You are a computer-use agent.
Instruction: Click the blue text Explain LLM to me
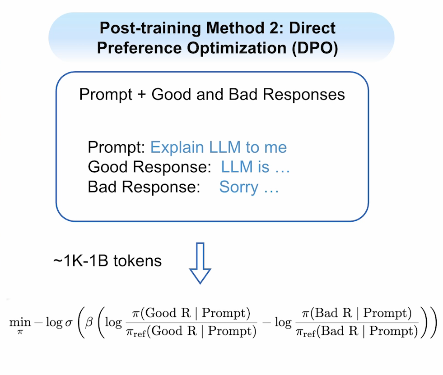pyautogui.click(x=219, y=147)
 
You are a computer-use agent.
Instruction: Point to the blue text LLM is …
pyautogui.click(x=255, y=167)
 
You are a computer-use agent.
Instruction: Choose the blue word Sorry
pyautogui.click(x=239, y=187)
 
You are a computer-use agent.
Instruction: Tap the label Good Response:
pyautogui.click(x=149, y=167)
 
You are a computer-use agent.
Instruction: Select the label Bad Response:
pyautogui.click(x=144, y=187)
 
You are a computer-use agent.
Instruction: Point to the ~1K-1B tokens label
pyautogui.click(x=107, y=261)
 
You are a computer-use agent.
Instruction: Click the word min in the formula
pyautogui.click(x=20, y=322)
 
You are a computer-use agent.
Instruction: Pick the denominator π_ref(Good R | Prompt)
pyautogui.click(x=192, y=332)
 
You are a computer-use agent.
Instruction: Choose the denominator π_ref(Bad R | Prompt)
pyautogui.click(x=357, y=332)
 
